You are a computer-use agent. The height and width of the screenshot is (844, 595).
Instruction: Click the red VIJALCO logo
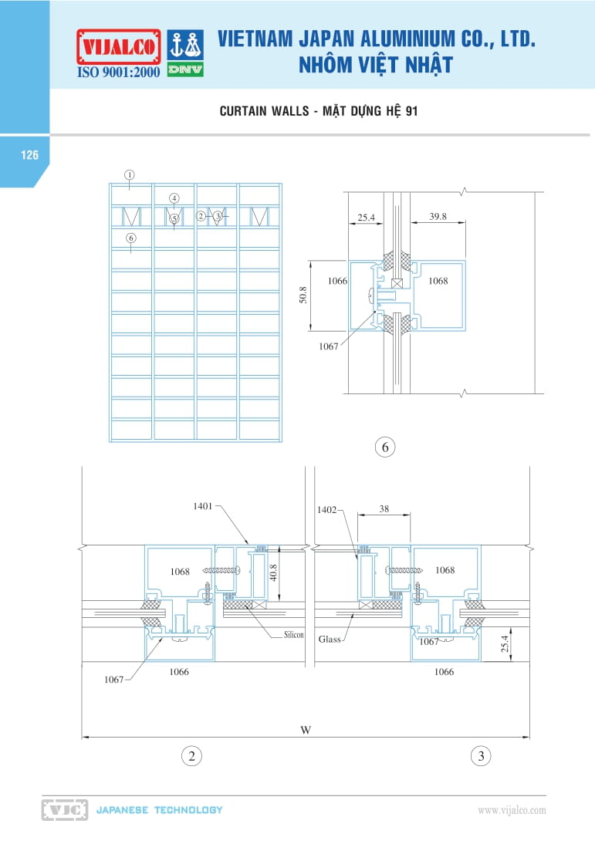118,46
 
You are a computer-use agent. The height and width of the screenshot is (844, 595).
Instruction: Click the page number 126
29,155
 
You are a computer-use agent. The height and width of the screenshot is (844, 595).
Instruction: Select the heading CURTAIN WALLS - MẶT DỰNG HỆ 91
319,112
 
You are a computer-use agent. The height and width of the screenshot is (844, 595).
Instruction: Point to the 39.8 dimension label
438,218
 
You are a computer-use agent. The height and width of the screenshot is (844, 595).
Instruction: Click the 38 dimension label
384,509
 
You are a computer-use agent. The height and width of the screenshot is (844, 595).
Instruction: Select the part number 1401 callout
203,506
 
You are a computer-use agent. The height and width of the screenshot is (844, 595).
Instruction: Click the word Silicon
292,635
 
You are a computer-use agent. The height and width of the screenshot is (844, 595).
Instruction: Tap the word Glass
330,640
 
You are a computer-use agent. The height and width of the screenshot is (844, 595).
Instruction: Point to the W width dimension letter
306,730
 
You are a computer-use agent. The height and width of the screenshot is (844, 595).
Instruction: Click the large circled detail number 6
384,447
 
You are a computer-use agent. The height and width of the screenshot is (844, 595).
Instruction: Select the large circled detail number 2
191,756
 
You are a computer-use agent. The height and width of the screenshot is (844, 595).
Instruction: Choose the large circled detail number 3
481,756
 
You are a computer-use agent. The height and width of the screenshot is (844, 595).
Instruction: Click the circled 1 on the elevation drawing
130,174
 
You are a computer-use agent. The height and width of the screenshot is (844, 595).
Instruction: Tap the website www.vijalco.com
512,810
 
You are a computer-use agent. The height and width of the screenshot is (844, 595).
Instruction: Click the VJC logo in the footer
64,810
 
